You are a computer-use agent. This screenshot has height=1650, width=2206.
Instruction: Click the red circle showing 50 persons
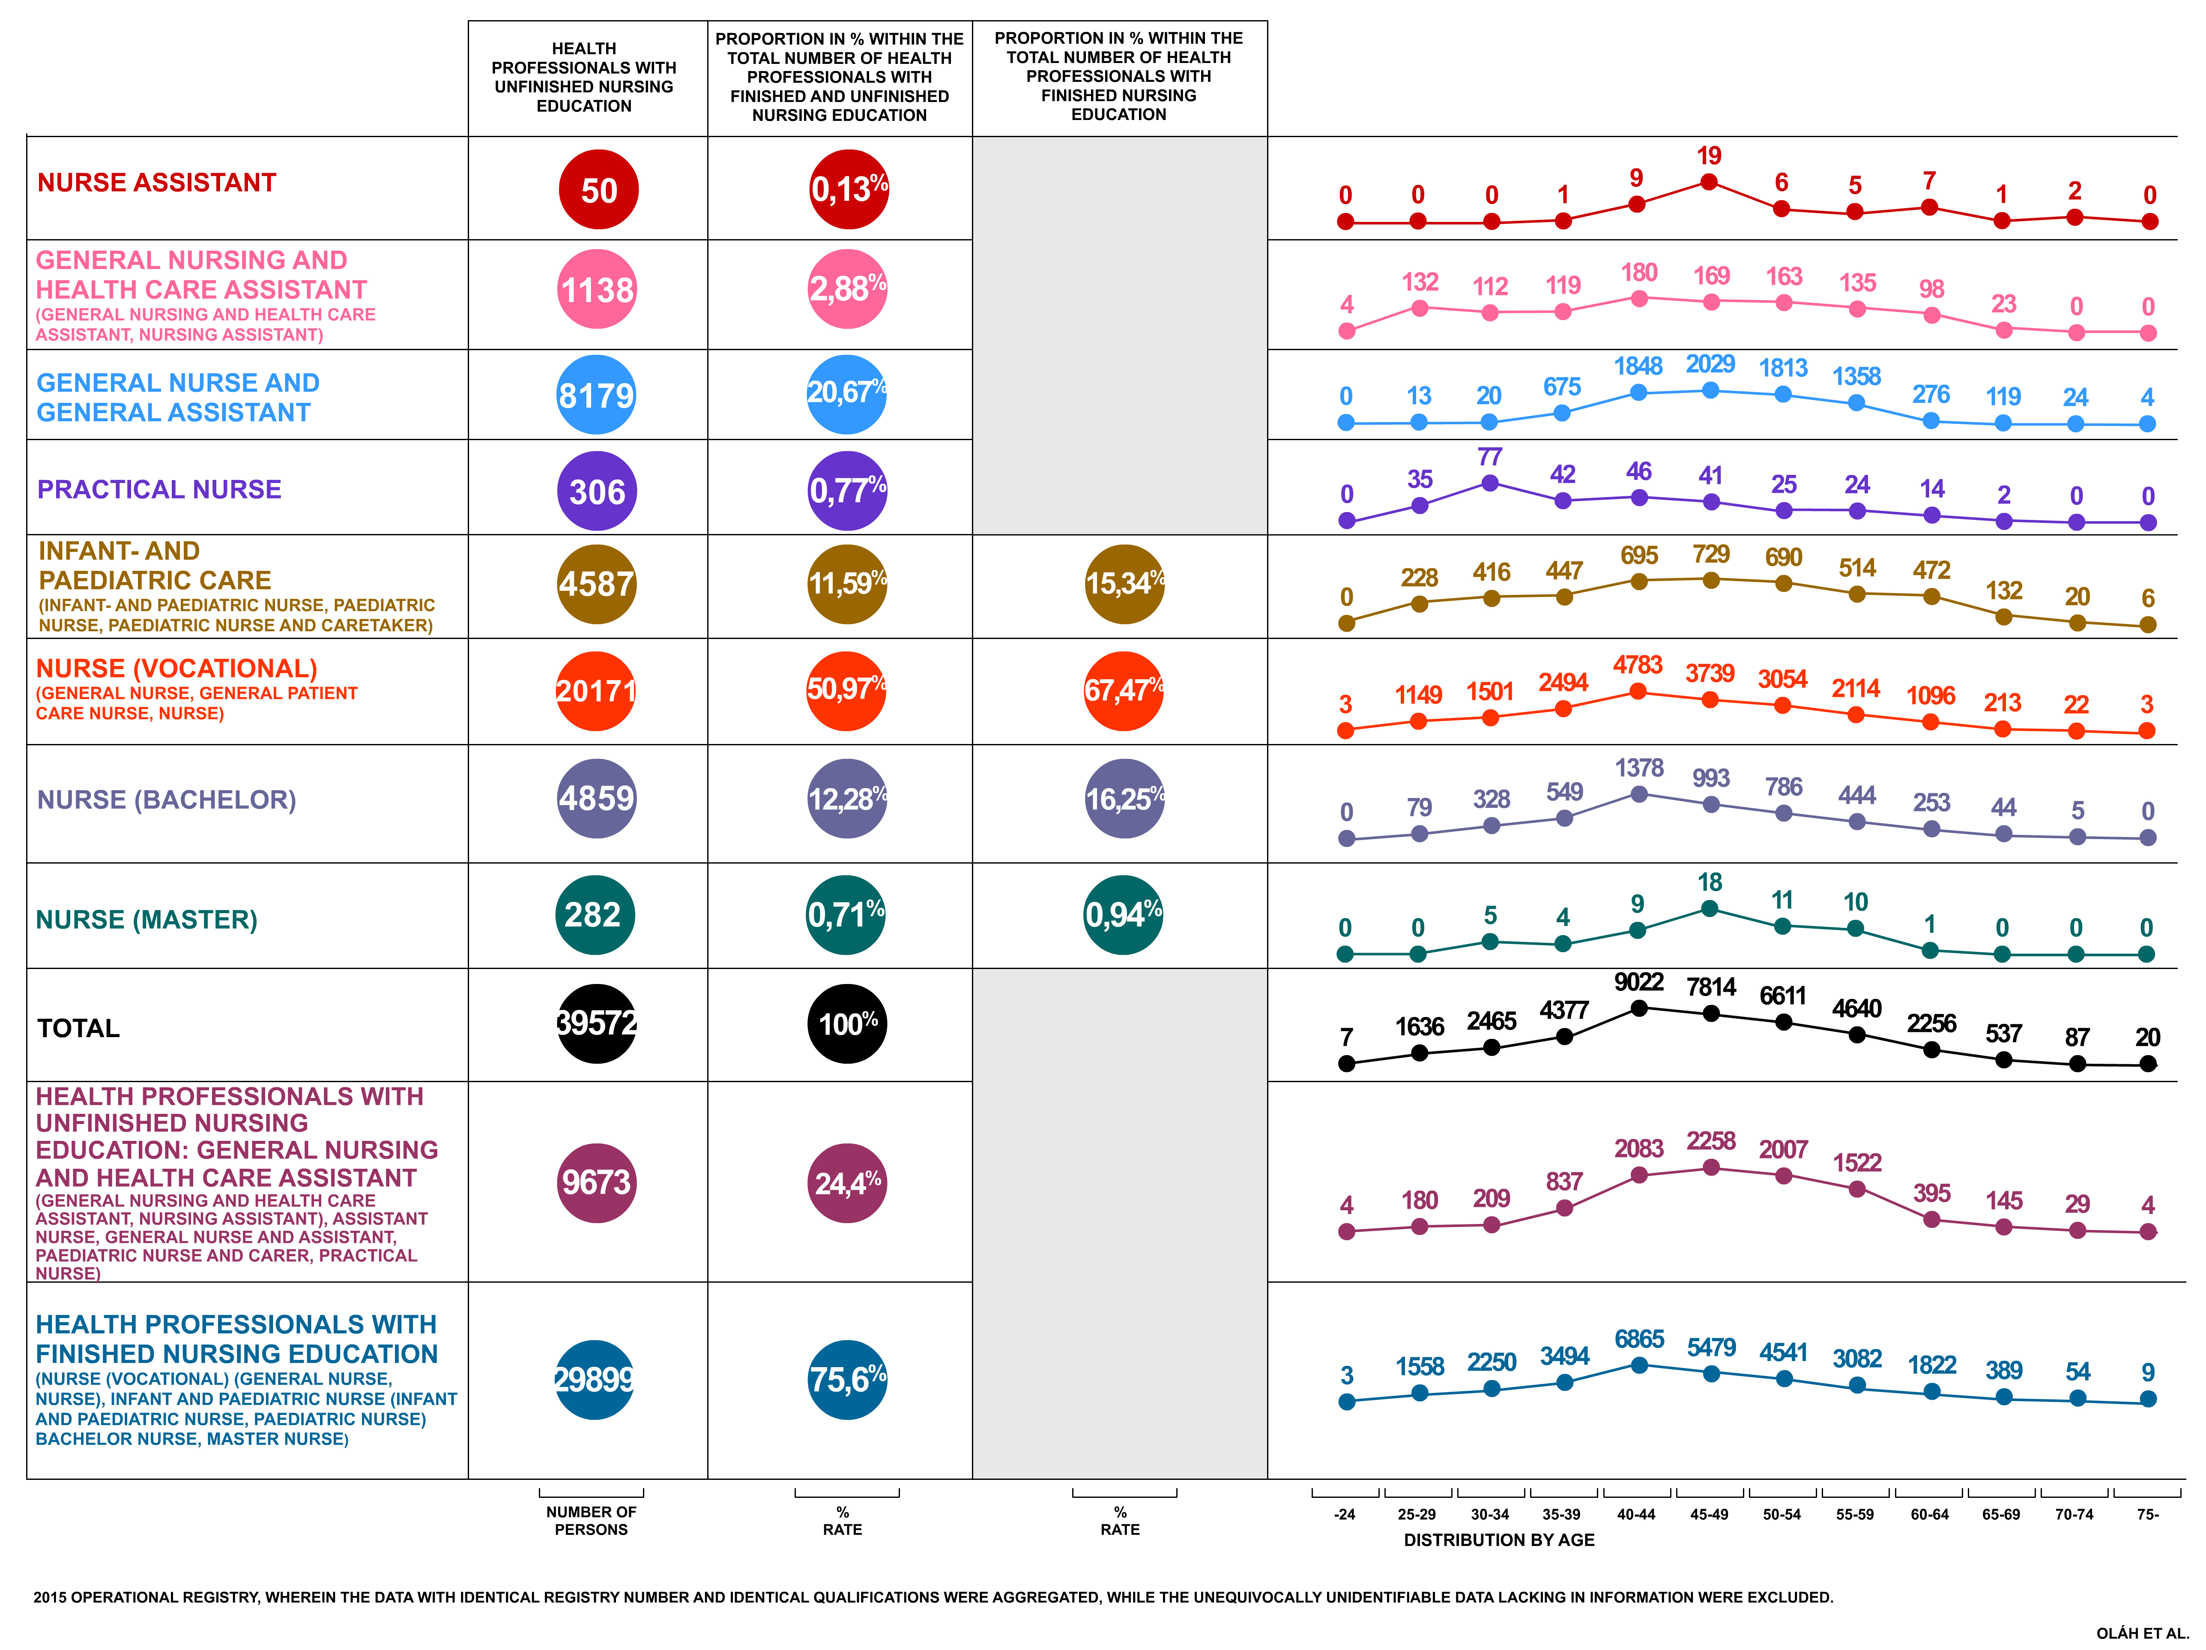click(598, 189)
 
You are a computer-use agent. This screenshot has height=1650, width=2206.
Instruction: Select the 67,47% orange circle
click(1124, 690)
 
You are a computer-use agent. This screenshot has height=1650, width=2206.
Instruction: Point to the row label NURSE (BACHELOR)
click(167, 800)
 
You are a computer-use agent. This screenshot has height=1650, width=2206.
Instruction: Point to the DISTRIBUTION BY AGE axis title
click(1499, 1540)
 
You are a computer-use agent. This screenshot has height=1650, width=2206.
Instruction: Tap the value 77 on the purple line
click(1490, 457)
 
